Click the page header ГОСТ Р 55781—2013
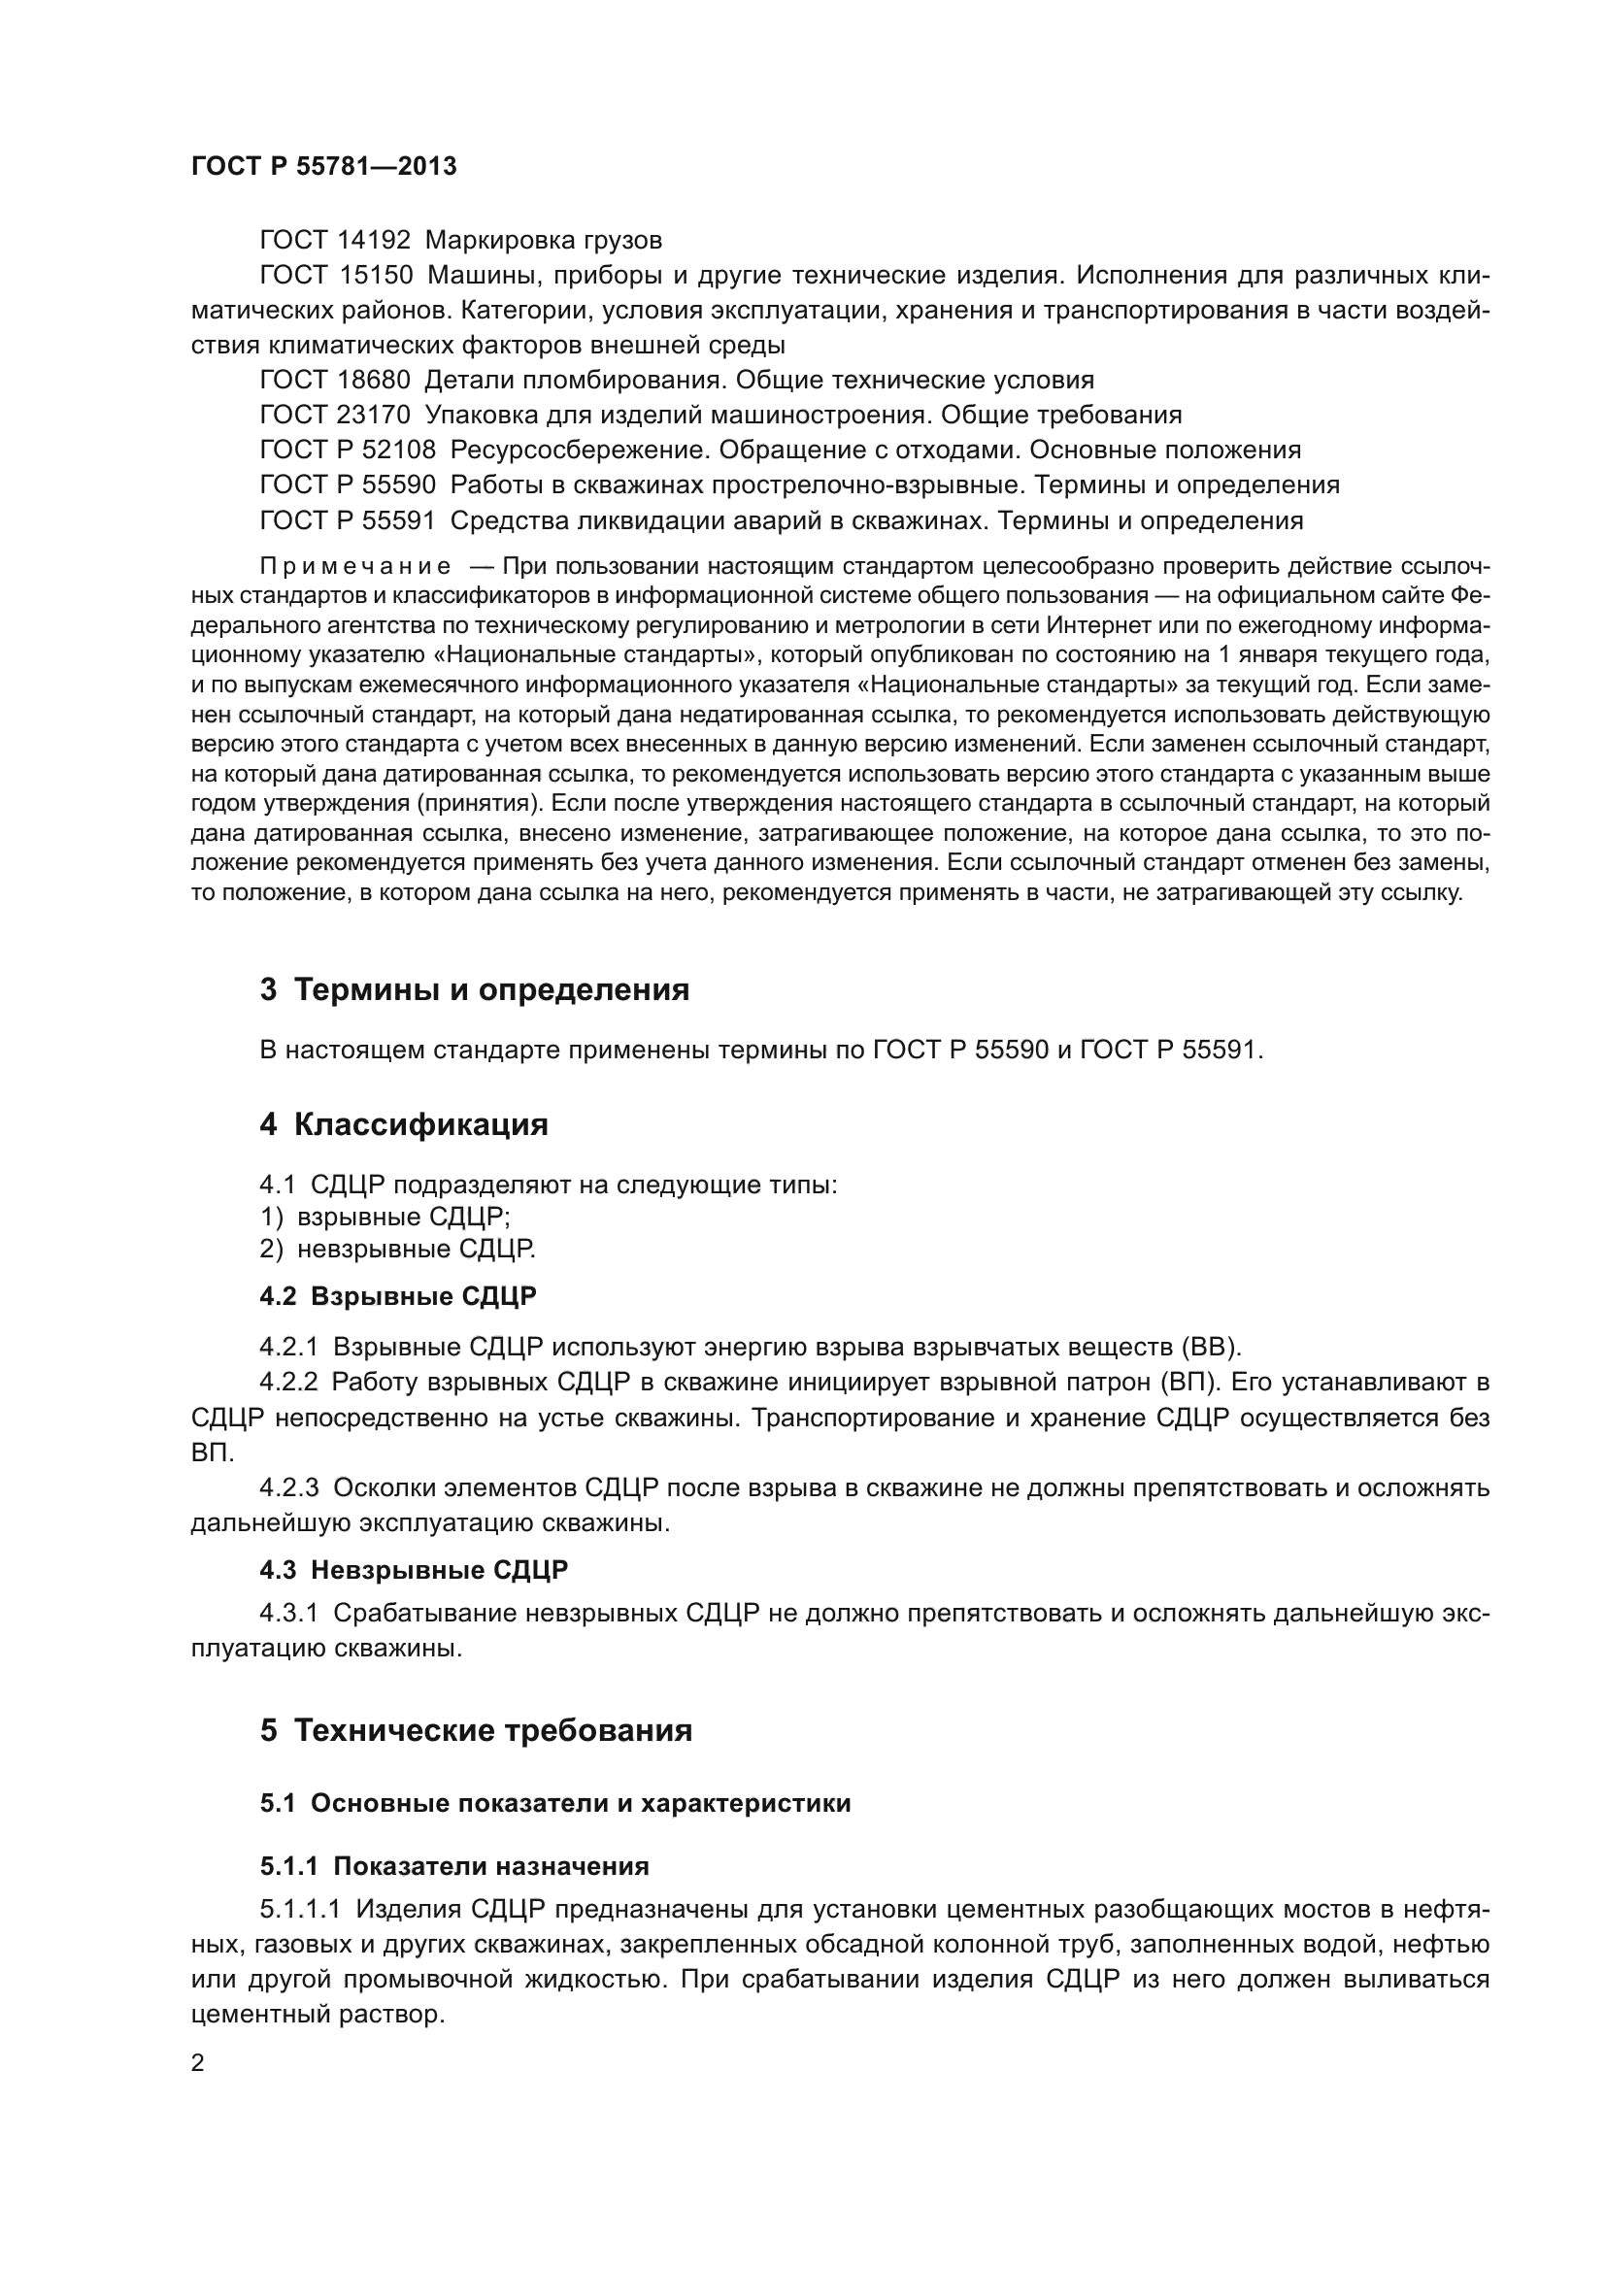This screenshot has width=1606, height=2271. (323, 166)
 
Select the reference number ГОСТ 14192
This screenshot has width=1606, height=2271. (334, 241)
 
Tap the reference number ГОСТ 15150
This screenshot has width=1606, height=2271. (334, 275)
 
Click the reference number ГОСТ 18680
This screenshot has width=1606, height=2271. (334, 380)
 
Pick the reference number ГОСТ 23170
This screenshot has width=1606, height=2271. (334, 415)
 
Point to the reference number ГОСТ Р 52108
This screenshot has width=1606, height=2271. (347, 451)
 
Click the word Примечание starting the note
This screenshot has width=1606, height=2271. (355, 567)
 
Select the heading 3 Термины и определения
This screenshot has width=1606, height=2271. (475, 989)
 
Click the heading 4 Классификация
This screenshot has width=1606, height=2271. (404, 1124)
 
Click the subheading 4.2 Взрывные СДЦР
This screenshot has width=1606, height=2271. (398, 1296)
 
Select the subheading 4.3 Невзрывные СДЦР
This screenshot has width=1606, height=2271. (414, 1570)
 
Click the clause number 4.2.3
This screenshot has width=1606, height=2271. (288, 1487)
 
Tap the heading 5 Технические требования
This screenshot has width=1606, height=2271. (476, 1730)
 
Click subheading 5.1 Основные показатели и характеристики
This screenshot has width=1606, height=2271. (554, 1803)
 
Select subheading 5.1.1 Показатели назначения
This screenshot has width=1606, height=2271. (453, 1866)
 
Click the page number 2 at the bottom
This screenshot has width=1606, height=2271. (198, 2063)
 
